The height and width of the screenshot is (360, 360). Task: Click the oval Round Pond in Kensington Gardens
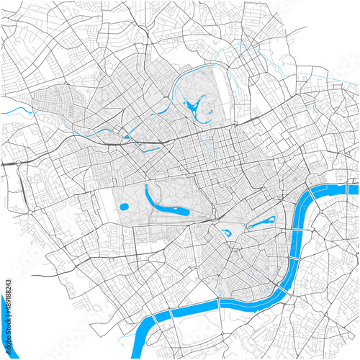(123, 207)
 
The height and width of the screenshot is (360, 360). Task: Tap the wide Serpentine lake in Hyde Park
(172, 212)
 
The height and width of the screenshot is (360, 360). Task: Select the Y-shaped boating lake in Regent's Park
(193, 109)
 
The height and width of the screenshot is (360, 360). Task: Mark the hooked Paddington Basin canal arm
(151, 149)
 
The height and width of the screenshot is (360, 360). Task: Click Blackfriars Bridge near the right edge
(350, 188)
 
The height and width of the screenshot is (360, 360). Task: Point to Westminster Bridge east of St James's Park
(297, 230)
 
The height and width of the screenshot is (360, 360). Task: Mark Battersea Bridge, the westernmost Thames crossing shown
(153, 320)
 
